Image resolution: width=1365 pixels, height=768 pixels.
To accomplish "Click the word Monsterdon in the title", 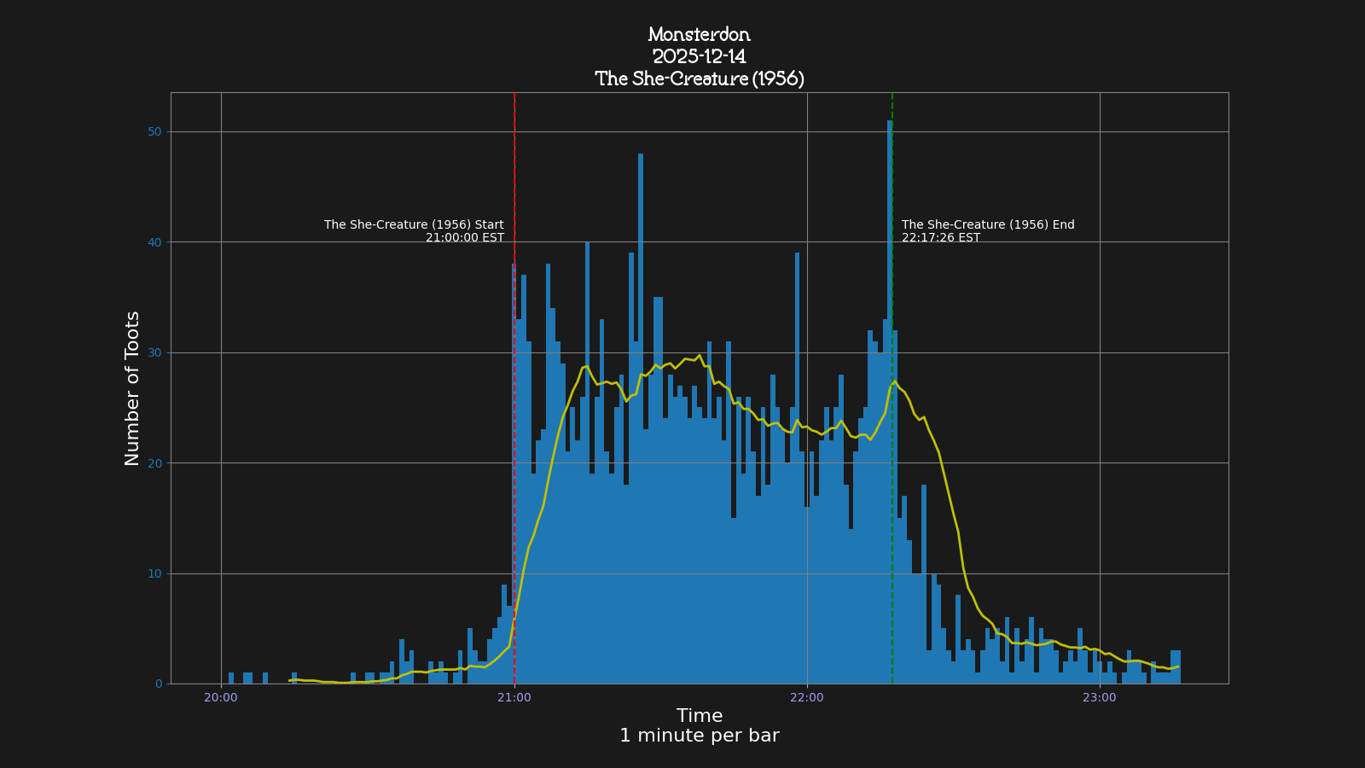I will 699,35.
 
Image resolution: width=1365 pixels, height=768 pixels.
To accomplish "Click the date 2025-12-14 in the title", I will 699,57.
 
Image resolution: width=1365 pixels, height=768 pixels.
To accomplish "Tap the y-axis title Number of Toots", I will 132,388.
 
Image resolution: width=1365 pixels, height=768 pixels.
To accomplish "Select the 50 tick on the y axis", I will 154,131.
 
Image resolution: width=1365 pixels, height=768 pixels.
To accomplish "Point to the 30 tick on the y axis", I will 154,352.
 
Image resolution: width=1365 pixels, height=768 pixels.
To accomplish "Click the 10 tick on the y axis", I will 154,573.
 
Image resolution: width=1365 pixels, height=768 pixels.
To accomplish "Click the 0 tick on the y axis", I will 158,684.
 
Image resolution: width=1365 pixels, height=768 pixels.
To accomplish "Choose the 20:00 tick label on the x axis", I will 221,697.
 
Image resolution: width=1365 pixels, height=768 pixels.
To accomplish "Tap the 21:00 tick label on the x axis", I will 514,697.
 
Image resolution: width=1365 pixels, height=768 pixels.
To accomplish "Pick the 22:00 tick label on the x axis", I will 807,697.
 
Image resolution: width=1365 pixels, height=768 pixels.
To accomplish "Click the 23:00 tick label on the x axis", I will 1100,697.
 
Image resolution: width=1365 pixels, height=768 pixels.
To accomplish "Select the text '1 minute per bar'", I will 699,736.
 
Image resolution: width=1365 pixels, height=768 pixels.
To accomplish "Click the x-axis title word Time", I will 699,716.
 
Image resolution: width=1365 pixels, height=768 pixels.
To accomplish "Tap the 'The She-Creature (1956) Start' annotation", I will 414,225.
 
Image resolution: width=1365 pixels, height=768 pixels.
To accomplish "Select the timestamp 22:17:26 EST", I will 940,238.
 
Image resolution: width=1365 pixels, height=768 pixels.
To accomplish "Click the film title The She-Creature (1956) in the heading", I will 699,79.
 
